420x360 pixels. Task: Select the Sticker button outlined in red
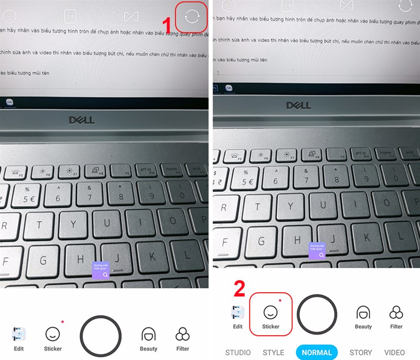click(x=271, y=314)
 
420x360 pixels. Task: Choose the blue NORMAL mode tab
click(x=317, y=352)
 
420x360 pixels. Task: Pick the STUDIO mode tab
click(x=238, y=352)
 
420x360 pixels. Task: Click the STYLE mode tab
click(x=273, y=352)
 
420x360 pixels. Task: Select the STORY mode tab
click(x=361, y=352)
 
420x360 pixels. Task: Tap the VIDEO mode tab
click(x=394, y=352)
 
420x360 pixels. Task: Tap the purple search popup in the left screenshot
click(x=101, y=269)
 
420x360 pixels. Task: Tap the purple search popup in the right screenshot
click(x=317, y=250)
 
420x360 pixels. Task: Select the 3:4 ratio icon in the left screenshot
click(x=70, y=16)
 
